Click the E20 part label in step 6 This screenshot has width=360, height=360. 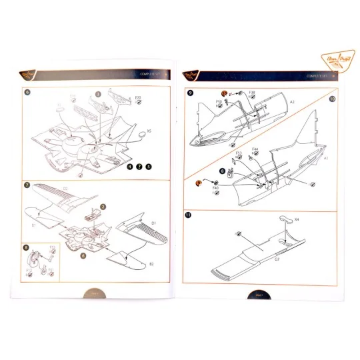tap(138, 98)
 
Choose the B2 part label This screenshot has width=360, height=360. tap(151, 264)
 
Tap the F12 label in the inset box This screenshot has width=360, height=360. tap(51, 248)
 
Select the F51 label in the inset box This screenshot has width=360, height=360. tap(51, 270)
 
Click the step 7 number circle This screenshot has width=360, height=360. tap(26, 185)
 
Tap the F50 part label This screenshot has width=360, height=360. tap(219, 101)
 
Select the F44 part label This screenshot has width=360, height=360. tap(255, 150)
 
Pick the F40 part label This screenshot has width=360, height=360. tap(215, 189)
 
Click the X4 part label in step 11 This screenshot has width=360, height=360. tap(297, 219)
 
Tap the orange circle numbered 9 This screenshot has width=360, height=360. tap(199, 182)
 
